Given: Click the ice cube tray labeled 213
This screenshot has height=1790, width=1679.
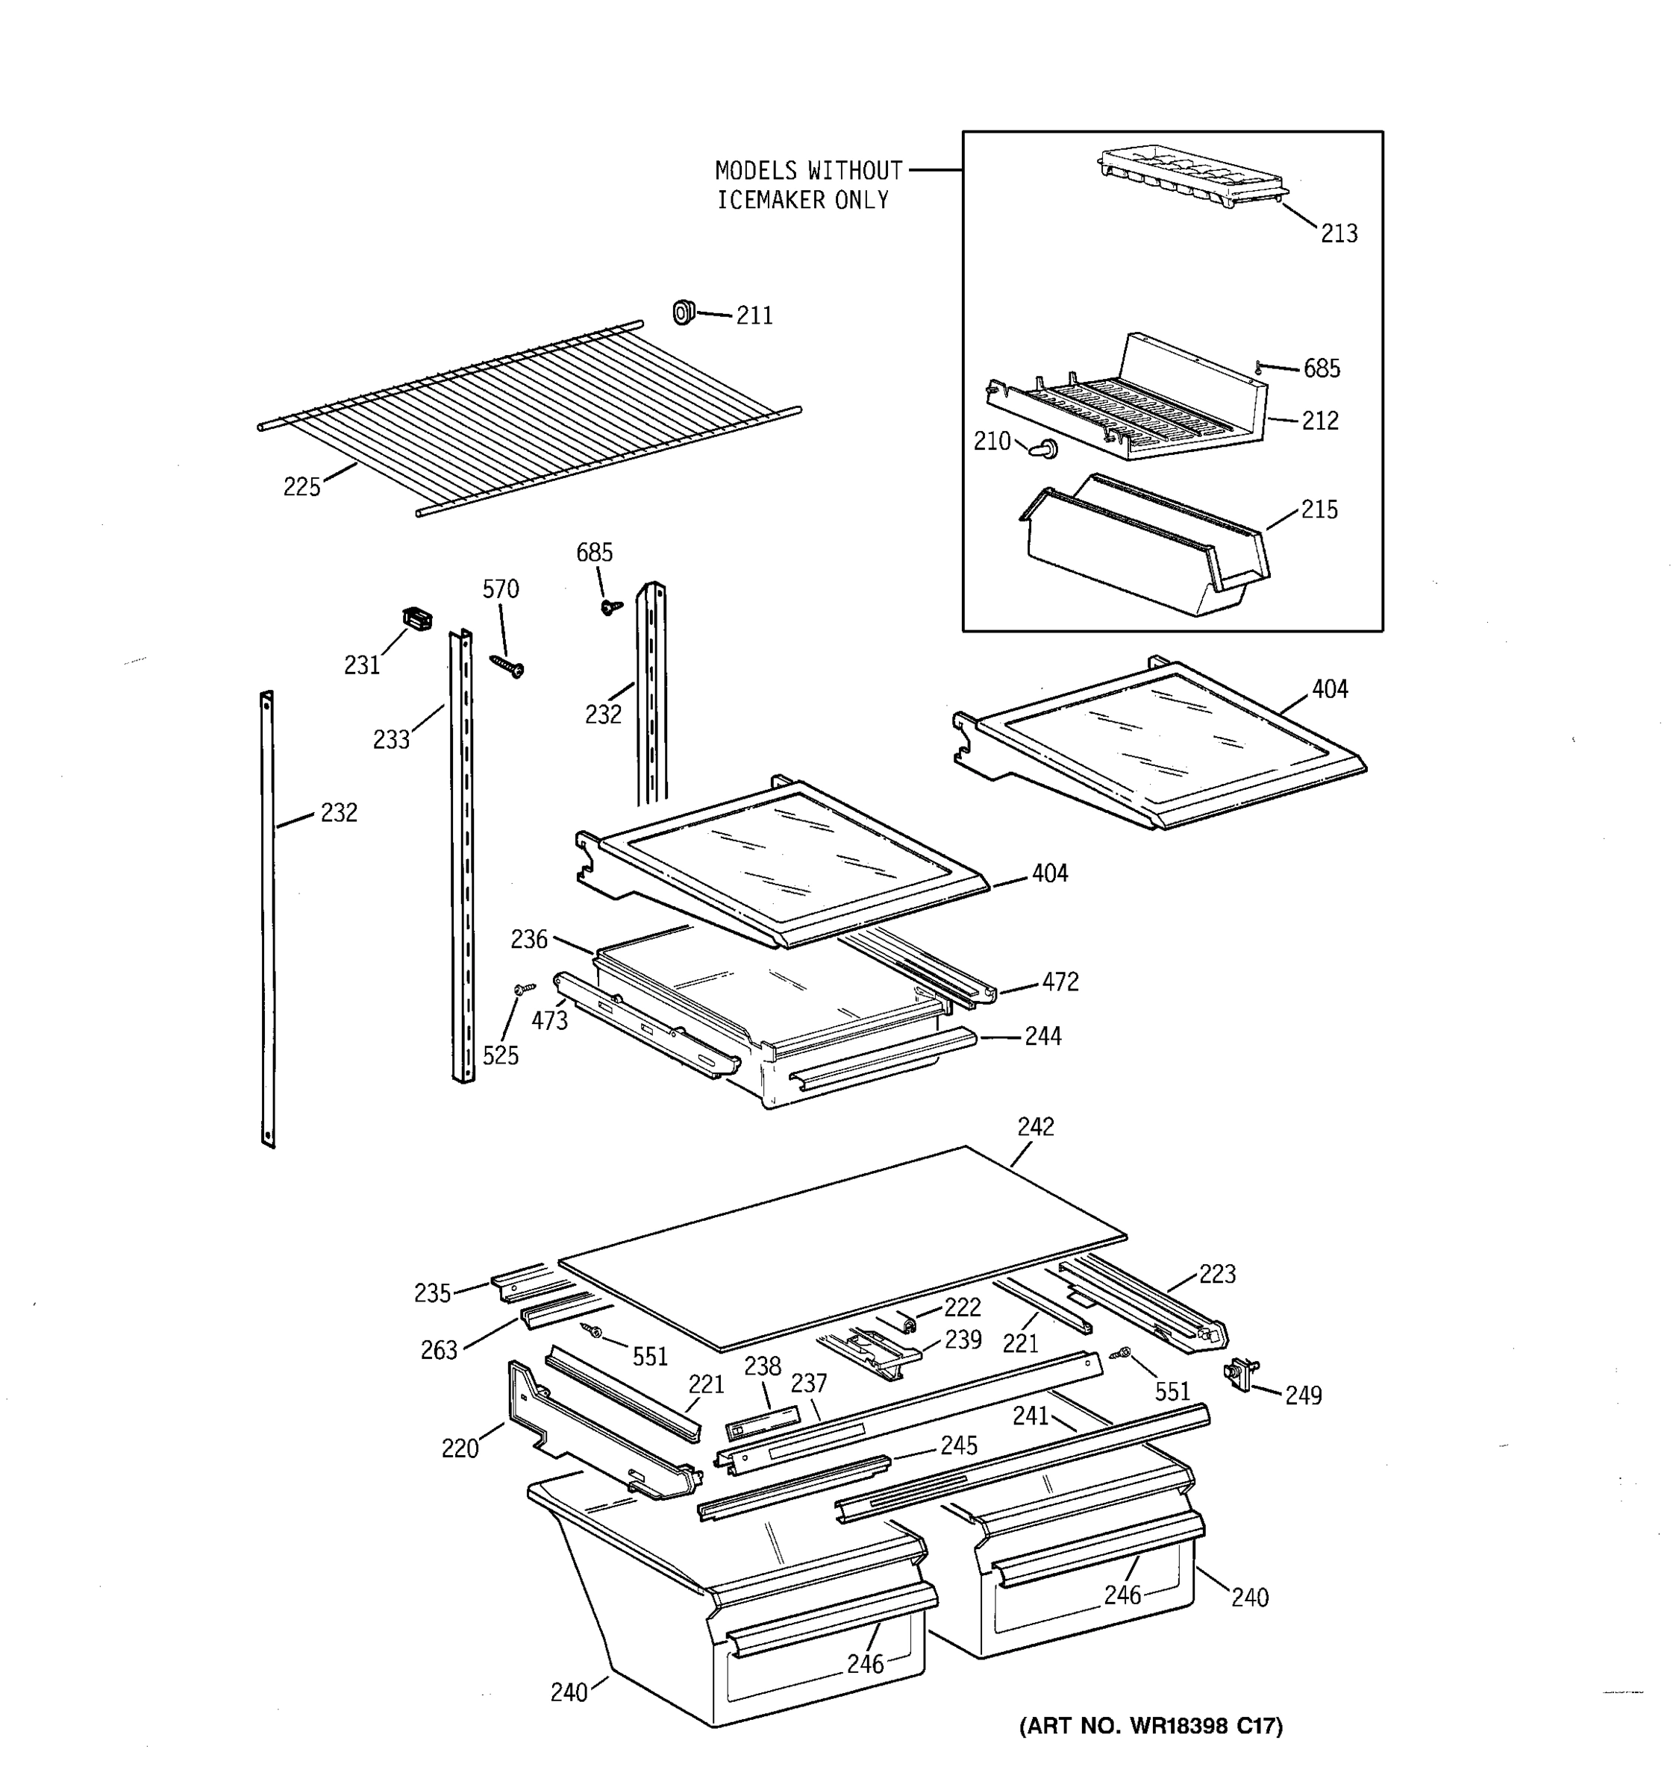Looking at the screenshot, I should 1191,178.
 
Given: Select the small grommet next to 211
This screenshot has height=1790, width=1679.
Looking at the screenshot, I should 683,313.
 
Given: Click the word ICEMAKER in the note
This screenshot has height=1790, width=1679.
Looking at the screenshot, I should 772,200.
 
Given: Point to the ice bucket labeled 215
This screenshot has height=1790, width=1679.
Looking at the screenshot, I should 1144,549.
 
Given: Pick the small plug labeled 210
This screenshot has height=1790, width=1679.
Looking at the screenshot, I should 1045,447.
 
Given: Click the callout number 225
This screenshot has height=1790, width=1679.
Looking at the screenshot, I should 301,487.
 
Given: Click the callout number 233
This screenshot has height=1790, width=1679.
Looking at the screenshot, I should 391,740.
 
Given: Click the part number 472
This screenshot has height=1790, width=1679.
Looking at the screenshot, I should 1060,982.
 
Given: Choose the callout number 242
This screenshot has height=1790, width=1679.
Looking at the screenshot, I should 1035,1126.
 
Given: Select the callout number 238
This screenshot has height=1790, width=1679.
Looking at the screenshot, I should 761,1366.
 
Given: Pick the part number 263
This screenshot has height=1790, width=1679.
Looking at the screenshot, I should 439,1350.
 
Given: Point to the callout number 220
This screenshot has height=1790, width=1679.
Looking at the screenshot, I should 460,1448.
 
